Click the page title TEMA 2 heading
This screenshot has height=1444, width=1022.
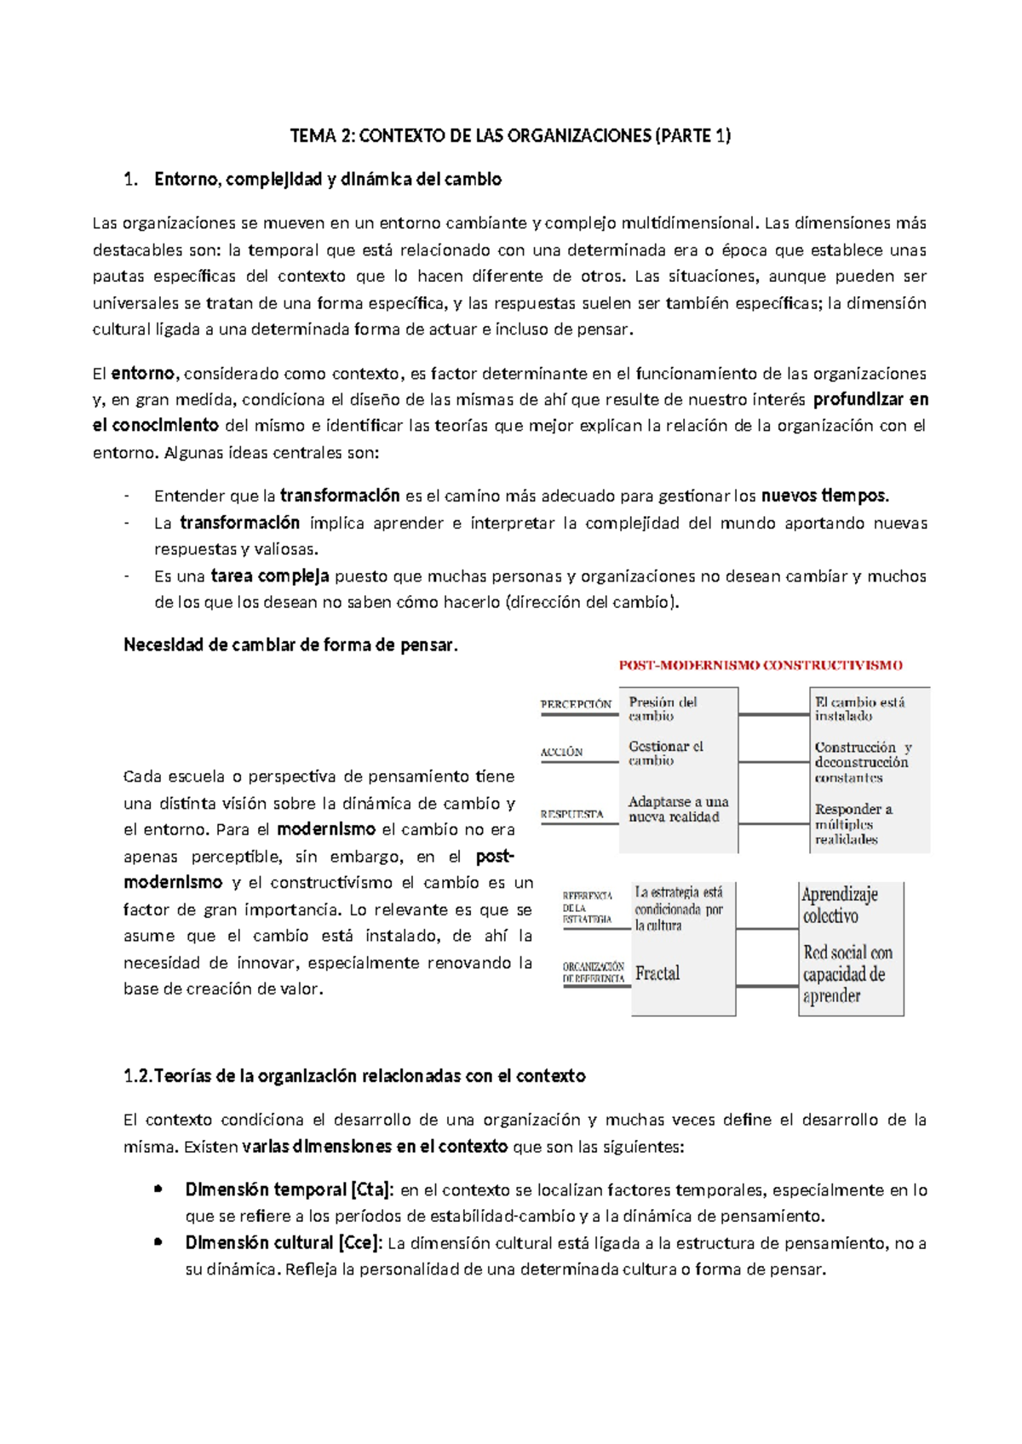[x=510, y=135]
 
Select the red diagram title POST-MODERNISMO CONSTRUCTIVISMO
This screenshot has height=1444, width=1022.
[x=761, y=665]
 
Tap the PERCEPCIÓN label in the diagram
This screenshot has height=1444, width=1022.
[x=576, y=704]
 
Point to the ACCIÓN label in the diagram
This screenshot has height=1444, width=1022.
[x=561, y=752]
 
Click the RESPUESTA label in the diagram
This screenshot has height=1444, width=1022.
[x=571, y=814]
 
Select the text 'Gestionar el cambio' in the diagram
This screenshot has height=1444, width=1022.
[x=665, y=754]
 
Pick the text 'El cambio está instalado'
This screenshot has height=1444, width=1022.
[x=858, y=708]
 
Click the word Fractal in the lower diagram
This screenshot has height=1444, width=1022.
[x=657, y=973]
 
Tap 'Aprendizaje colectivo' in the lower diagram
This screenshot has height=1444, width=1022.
[x=839, y=904]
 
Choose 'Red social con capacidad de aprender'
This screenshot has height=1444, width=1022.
[x=847, y=974]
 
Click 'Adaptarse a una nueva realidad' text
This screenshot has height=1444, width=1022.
[x=678, y=809]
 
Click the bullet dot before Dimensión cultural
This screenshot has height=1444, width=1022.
[x=158, y=1242]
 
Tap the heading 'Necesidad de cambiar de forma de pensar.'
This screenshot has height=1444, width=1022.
[x=290, y=645]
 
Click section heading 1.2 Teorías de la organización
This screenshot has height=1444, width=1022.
[x=354, y=1075]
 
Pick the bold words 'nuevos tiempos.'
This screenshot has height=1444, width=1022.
[x=824, y=496]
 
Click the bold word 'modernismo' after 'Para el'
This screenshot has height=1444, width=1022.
[x=326, y=829]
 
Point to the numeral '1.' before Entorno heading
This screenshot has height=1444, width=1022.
[x=130, y=179]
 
